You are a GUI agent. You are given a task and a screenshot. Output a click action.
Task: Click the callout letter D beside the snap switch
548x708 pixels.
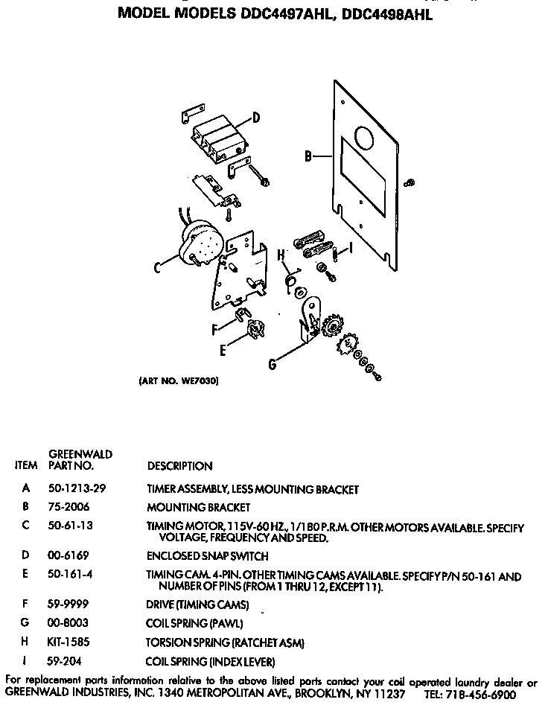pos(255,117)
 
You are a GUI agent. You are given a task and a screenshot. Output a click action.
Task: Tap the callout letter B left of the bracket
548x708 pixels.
pos(307,156)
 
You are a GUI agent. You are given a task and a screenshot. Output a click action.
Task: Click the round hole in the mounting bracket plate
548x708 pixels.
pos(364,138)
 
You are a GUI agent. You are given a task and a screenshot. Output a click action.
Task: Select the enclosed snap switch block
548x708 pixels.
pos(218,139)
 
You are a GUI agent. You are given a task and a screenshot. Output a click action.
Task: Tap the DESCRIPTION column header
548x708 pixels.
pos(179,466)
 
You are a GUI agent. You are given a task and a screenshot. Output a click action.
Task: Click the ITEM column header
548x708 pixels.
pos(26,466)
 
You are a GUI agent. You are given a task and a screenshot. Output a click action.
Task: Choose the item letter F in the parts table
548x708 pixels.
pos(26,605)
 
